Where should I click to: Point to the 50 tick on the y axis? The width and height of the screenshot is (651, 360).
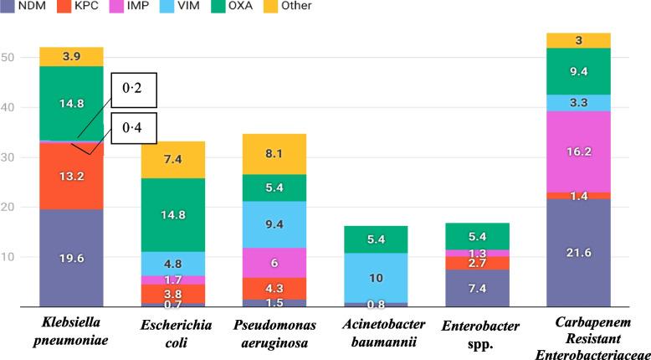10,58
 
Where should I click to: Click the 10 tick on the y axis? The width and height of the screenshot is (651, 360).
10,257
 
